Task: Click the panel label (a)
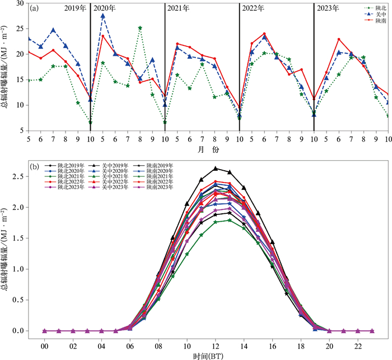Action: (35, 8)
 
